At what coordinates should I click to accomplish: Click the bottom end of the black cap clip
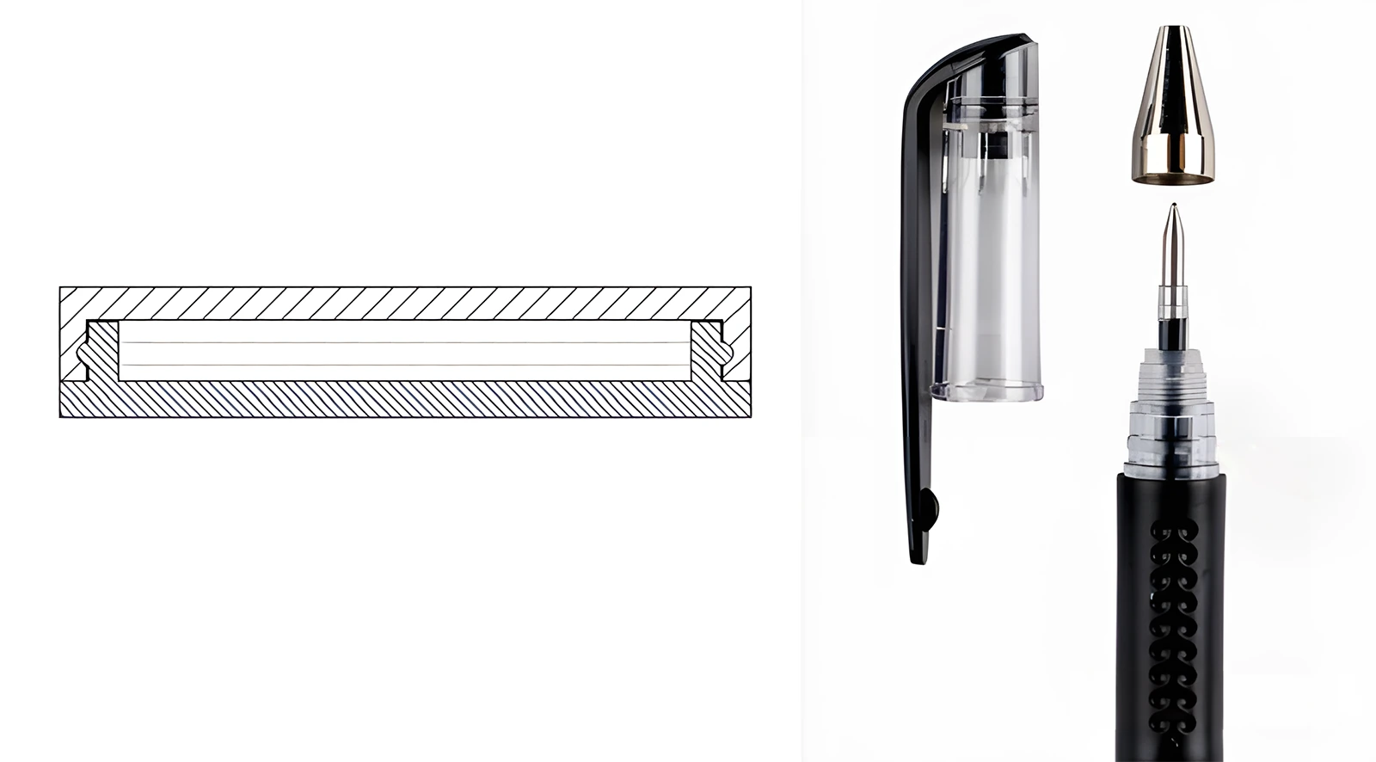[920, 555]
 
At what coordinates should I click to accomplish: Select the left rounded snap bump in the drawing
[83, 353]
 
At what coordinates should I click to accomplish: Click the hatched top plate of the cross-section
[404, 303]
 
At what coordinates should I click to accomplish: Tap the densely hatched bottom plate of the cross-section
[404, 400]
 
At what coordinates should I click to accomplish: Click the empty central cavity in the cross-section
[404, 353]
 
